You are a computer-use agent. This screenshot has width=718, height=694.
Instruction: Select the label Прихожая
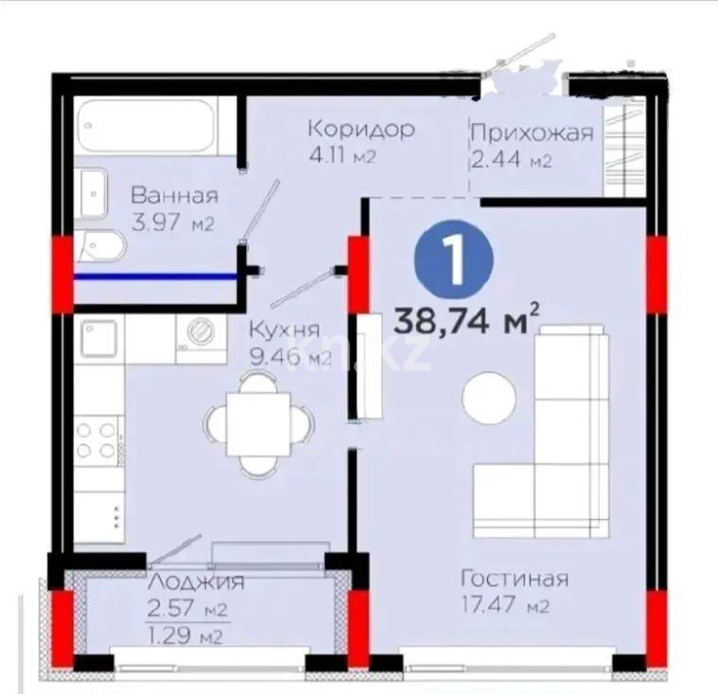(533, 133)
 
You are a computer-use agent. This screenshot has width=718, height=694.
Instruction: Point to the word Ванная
(175, 197)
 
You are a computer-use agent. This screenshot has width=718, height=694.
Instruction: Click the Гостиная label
(514, 578)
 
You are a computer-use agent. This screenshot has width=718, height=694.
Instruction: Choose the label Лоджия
(196, 581)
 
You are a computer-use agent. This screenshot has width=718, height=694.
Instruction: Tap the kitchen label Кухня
(285, 330)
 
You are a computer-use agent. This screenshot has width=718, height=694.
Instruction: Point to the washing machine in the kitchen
(201, 331)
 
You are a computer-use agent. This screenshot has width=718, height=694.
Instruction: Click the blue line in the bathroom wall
(156, 277)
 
